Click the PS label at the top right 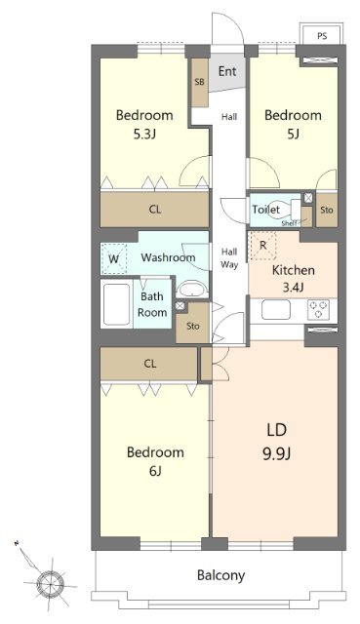pyautogui.click(x=322, y=36)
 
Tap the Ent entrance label pyautogui.click(x=227, y=71)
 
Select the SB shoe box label pyautogui.click(x=200, y=82)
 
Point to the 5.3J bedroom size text pyautogui.click(x=143, y=135)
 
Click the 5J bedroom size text pyautogui.click(x=293, y=135)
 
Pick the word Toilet pyautogui.click(x=266, y=210)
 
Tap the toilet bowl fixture pyautogui.click(x=288, y=210)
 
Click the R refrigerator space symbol pyautogui.click(x=262, y=246)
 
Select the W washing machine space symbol pyautogui.click(x=114, y=259)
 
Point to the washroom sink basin pyautogui.click(x=192, y=290)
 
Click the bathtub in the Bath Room pyautogui.click(x=116, y=304)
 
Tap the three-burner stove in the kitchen pyautogui.click(x=318, y=310)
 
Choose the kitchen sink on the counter pyautogui.click(x=275, y=310)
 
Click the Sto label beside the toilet pyautogui.click(x=327, y=210)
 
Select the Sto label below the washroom pyautogui.click(x=193, y=326)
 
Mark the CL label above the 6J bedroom pyautogui.click(x=149, y=364)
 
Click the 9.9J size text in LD pyautogui.click(x=276, y=453)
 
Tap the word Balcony pyautogui.click(x=221, y=575)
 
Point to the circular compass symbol pyautogui.click(x=50, y=583)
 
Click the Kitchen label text pyautogui.click(x=293, y=270)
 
